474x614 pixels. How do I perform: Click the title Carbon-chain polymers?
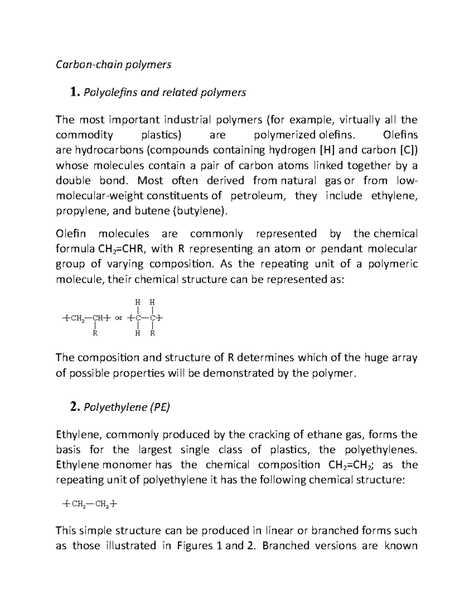(113, 64)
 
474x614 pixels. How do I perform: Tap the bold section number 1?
(71, 93)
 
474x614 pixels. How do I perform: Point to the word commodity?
(84, 135)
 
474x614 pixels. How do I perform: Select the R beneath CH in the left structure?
(94, 333)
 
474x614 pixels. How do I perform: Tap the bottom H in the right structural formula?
(137, 333)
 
